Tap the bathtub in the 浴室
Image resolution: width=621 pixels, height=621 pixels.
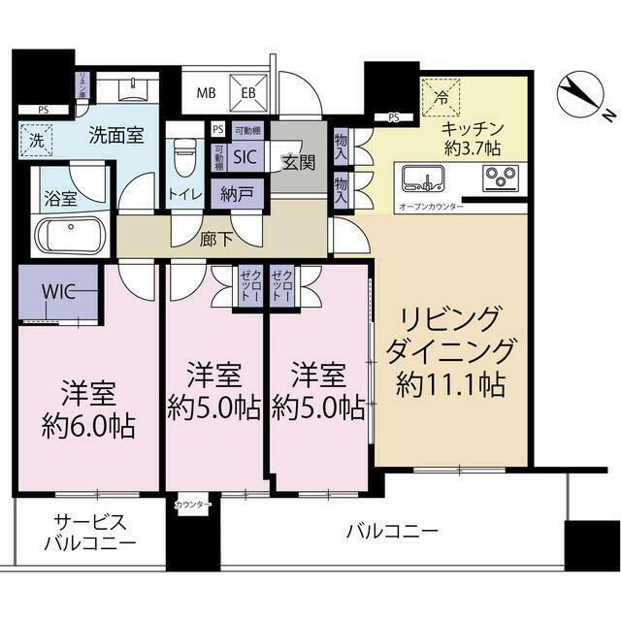[70, 236]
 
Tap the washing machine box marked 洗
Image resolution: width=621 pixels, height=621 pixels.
[36, 138]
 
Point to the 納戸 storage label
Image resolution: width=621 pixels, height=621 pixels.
[238, 194]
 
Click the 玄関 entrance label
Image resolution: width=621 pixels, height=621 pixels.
[298, 162]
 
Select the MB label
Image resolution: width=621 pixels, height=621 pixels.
[206, 94]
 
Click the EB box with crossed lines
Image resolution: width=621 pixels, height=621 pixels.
[249, 93]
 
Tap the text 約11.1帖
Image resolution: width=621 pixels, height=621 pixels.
[450, 385]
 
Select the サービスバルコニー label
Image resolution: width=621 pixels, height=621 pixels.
[89, 532]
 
